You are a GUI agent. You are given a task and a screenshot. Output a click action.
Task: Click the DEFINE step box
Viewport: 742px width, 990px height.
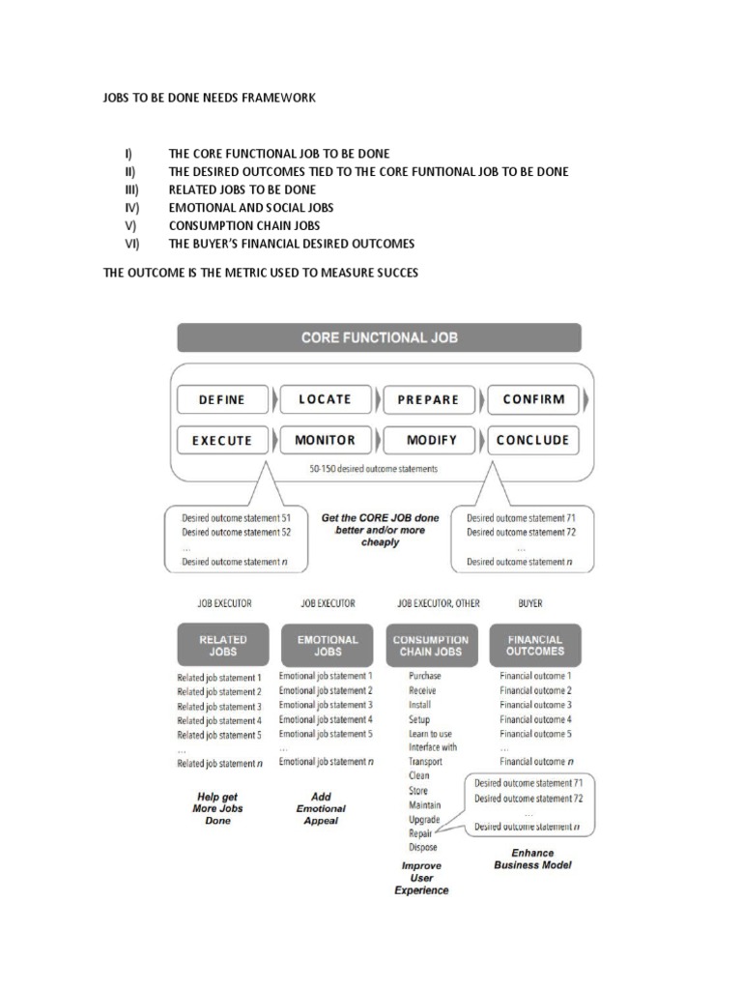(222, 399)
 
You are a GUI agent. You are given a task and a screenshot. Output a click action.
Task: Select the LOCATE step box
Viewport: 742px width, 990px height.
(325, 399)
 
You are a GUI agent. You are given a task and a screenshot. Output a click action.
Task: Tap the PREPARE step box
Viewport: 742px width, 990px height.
(427, 399)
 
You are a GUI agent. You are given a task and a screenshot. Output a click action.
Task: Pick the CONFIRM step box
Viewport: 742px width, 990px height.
(532, 399)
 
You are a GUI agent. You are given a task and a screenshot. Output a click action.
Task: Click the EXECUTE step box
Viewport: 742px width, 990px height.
(222, 440)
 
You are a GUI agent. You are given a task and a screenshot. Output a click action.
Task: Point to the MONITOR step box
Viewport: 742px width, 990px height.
(325, 440)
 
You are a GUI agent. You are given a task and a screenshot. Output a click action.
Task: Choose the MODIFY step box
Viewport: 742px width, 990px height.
(431, 440)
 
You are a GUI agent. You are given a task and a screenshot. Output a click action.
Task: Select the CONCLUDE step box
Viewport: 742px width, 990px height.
(532, 440)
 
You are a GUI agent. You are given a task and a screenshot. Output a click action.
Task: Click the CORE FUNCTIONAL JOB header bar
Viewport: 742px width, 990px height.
(380, 337)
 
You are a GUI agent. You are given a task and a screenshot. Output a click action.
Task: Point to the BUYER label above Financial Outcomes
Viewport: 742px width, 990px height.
(530, 603)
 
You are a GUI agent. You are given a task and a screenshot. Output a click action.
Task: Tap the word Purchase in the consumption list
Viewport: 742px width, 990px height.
(425, 677)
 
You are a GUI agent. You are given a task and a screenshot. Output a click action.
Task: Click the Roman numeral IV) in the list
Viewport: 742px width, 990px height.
(131, 208)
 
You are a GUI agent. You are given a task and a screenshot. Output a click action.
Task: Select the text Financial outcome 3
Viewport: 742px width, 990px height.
(535, 705)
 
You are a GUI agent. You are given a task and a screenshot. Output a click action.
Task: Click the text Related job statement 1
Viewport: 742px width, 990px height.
(219, 678)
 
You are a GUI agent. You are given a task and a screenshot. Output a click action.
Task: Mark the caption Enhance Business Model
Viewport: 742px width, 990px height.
(532, 859)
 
